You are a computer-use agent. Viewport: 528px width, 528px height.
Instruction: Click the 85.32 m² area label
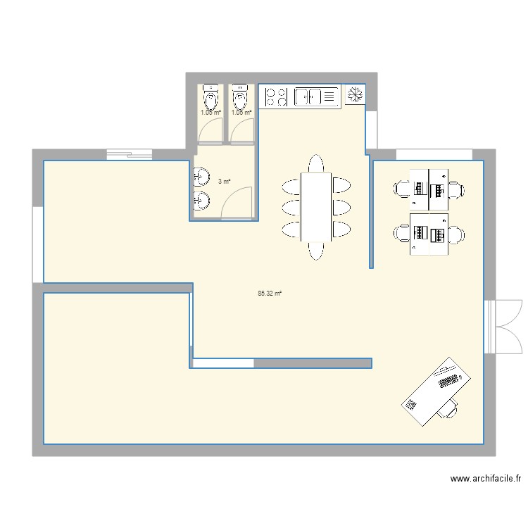[270, 293]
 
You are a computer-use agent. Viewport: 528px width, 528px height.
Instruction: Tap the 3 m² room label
[224, 181]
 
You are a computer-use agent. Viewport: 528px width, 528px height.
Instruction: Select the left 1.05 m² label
[210, 112]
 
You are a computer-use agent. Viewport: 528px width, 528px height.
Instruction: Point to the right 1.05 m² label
[241, 112]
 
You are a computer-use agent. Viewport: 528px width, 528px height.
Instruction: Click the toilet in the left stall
[210, 95]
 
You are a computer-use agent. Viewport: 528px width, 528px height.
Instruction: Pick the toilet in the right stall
[241, 95]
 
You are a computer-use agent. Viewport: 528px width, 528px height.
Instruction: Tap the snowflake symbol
[354, 94]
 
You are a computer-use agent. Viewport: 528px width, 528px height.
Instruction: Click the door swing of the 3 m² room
[237, 201]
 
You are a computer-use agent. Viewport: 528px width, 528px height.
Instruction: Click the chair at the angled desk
[448, 409]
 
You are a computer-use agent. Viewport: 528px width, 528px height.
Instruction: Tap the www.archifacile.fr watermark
[485, 479]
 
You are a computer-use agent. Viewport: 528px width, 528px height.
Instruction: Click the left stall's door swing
[210, 130]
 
